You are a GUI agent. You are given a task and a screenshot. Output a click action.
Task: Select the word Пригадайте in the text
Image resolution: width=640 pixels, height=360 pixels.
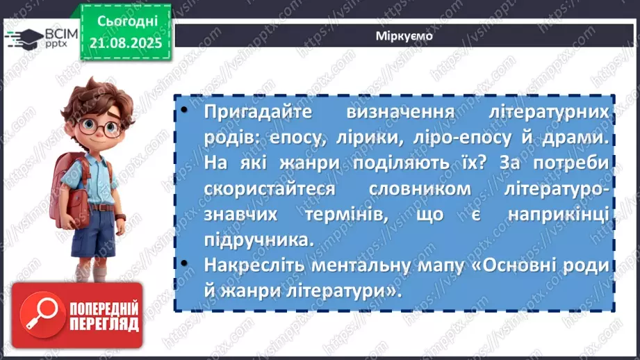tap(255, 113)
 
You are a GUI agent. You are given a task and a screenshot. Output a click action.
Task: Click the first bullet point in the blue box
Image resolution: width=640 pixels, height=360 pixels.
tap(184, 111)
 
